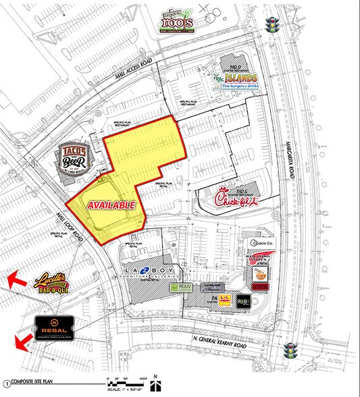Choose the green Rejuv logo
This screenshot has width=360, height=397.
178,288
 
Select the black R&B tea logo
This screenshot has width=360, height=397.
244,304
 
